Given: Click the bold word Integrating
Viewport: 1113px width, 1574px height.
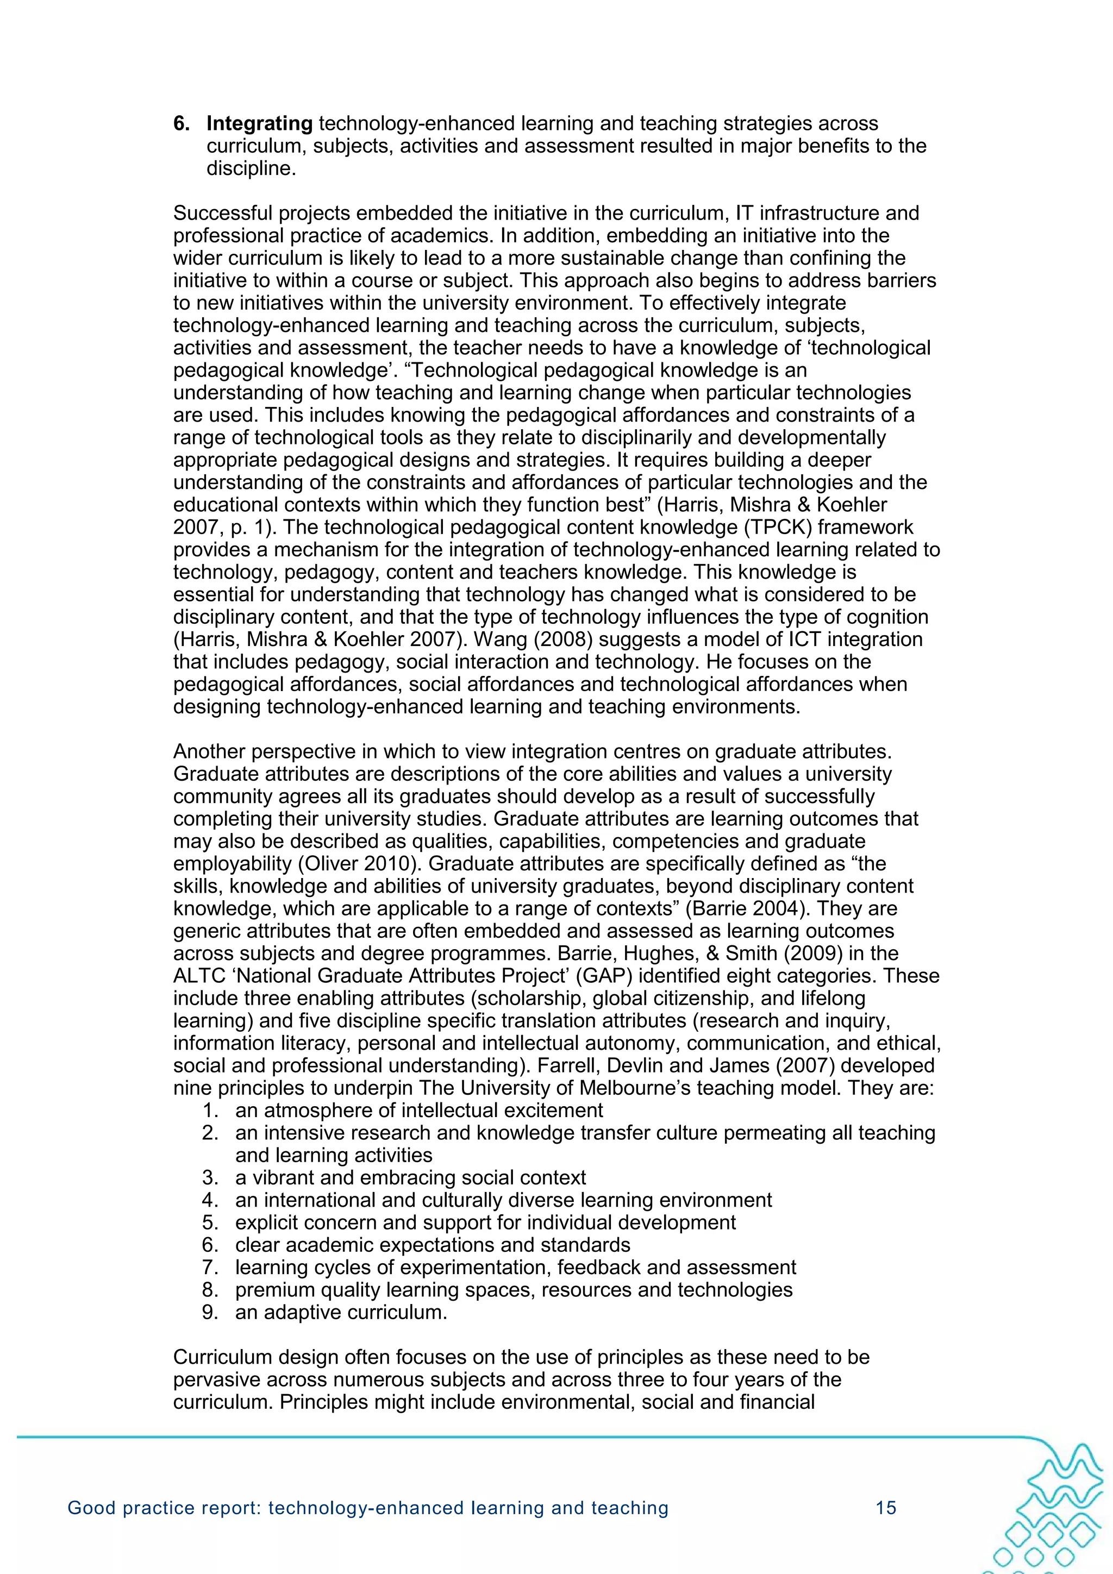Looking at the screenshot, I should [259, 123].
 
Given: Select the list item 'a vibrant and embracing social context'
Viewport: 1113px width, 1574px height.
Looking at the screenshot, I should [410, 1178].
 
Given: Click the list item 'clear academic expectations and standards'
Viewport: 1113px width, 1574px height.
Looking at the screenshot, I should [432, 1245].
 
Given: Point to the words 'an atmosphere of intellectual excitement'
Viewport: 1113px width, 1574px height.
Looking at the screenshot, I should [418, 1110].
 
